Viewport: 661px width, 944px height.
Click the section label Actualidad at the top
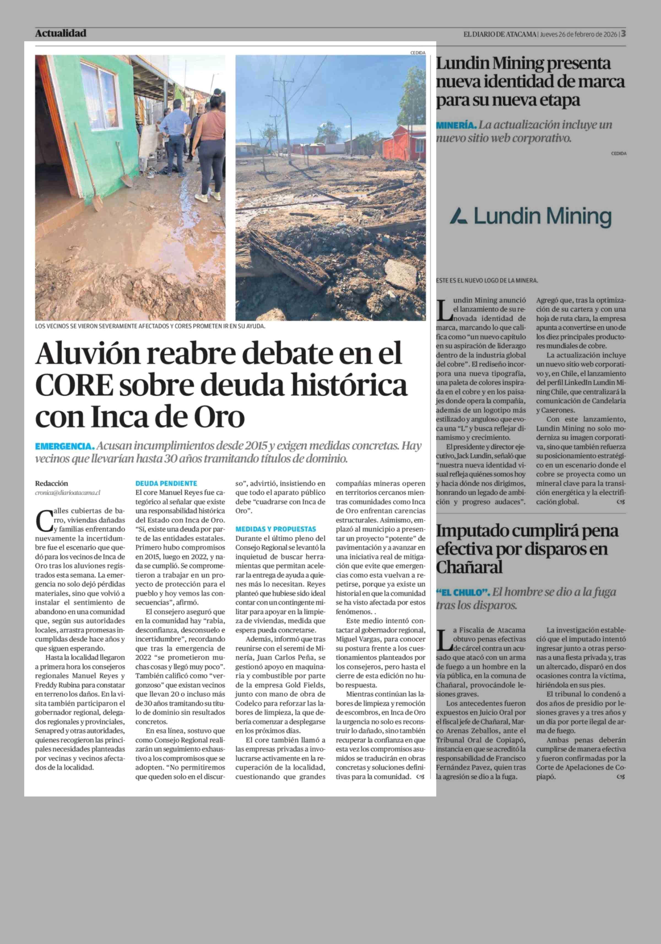(61, 33)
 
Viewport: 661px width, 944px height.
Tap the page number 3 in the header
(623, 33)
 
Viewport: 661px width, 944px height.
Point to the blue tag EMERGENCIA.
(64, 446)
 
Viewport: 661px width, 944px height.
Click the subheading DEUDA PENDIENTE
(166, 484)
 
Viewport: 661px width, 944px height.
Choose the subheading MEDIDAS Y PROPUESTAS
(276, 529)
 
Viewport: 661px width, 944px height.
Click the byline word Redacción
(52, 484)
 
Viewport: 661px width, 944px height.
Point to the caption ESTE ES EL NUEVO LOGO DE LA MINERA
(487, 280)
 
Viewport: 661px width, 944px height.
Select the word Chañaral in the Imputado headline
(469, 568)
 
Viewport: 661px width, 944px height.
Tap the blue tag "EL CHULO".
(463, 593)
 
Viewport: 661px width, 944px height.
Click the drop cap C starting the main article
(44, 521)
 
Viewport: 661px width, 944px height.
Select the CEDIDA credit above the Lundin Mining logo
(619, 153)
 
